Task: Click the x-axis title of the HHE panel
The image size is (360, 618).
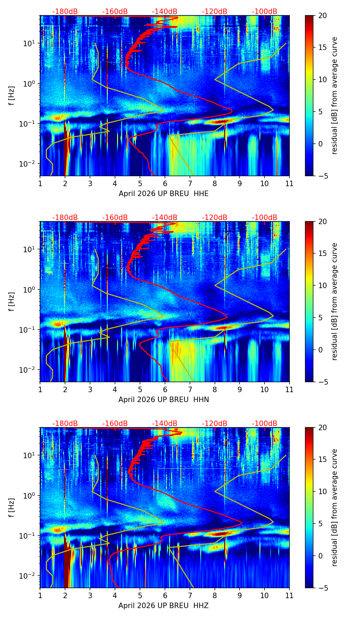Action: tap(164, 194)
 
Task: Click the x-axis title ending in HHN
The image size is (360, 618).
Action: tap(164, 400)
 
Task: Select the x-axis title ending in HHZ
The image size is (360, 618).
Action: tap(164, 606)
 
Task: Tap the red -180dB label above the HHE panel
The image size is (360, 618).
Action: tap(65, 12)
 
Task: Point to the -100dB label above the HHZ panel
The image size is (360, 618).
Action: tap(265, 424)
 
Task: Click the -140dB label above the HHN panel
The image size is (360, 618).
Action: tap(165, 218)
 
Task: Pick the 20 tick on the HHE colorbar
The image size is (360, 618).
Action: tap(322, 16)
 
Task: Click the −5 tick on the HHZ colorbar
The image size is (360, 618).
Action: tap(322, 588)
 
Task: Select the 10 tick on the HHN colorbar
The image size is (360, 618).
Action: tap(322, 285)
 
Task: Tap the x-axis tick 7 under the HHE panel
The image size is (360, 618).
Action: tap(190, 183)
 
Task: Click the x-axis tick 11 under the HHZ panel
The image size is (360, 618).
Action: tap(289, 595)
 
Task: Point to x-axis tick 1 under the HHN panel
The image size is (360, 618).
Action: tap(40, 389)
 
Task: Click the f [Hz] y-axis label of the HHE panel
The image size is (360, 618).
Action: tap(12, 95)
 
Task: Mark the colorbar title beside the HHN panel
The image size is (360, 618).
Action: tap(334, 301)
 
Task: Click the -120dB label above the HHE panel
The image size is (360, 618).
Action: tap(215, 12)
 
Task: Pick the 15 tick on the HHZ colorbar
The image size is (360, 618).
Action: tap(322, 460)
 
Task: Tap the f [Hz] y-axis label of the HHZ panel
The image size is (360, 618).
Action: tap(12, 507)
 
